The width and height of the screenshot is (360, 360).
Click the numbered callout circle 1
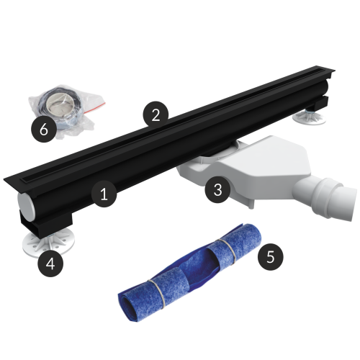pos(104,194)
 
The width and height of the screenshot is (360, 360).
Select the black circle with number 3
pos(217,189)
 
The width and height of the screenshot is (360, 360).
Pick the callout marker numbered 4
pos(50,264)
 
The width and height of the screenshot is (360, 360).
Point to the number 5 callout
pos(271,257)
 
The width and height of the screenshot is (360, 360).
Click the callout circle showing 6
pos(44,130)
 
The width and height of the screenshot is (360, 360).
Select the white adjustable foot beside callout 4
pos(48,243)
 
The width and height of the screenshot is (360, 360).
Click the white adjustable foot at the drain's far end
pos(310,117)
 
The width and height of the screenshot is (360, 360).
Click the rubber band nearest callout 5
pos(227,248)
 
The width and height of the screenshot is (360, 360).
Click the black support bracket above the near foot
pos(45,220)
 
